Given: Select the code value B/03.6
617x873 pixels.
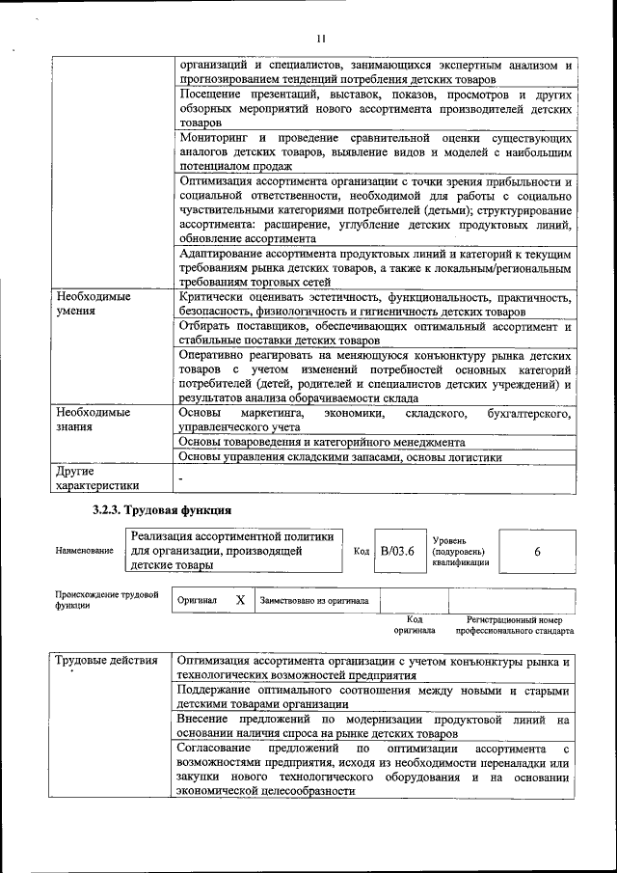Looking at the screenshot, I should pyautogui.click(x=396, y=551).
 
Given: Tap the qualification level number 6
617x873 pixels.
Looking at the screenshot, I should pyautogui.click(x=537, y=551).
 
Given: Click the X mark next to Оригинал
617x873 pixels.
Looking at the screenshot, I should pyautogui.click(x=240, y=599).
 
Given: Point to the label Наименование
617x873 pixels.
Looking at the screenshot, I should pyautogui.click(x=84, y=552).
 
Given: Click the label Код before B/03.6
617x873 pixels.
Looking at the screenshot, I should pyautogui.click(x=362, y=552).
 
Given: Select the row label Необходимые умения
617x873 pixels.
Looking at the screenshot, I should pyautogui.click(x=93, y=305).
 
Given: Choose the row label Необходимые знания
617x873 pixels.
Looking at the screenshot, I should pyautogui.click(x=93, y=420).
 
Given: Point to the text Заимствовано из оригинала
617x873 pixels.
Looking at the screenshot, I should pyautogui.click(x=314, y=600).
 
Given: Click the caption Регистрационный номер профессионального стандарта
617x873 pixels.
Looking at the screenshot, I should pyautogui.click(x=514, y=625).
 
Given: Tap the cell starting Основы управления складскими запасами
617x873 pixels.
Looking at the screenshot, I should pyautogui.click(x=341, y=457).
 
